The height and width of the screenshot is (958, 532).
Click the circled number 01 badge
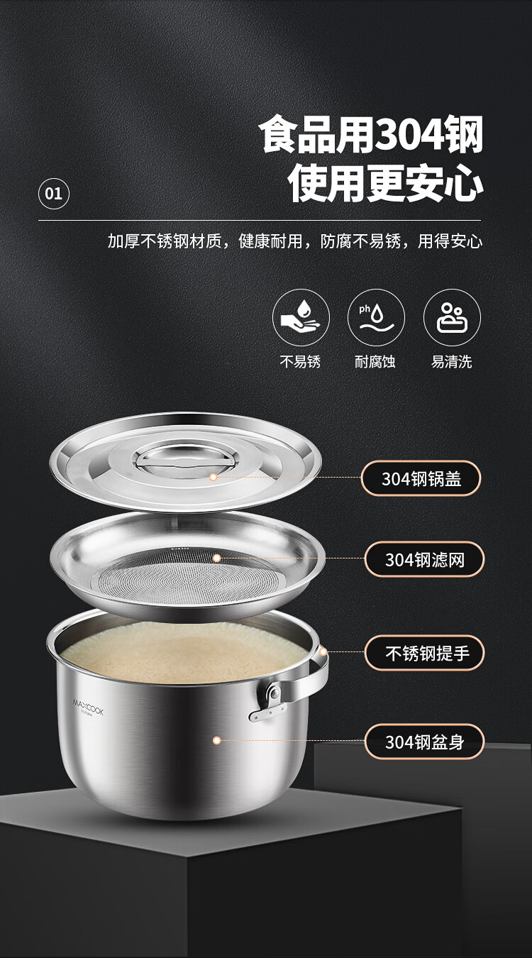pos(53,194)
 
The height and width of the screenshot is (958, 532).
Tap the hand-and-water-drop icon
pos(301,317)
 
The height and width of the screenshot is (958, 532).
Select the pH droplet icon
pos(376,317)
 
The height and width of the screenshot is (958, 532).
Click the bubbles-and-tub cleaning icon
pos(452,317)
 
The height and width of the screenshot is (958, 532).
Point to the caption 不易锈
pos(300,362)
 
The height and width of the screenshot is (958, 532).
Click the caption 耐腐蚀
pos(375,362)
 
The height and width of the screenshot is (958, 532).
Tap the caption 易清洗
pos(452,362)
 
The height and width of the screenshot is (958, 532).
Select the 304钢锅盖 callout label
pos(421,478)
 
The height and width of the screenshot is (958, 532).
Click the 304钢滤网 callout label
pos(425,559)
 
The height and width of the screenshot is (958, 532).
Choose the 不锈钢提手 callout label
pos(425,653)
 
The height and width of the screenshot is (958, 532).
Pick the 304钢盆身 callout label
pos(425,742)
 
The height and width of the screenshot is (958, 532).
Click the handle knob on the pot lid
pos(186,461)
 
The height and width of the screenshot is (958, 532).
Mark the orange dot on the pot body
pos(217,740)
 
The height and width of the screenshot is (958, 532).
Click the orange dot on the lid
pos(213,478)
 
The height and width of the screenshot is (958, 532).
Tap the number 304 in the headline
pos(409,135)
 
